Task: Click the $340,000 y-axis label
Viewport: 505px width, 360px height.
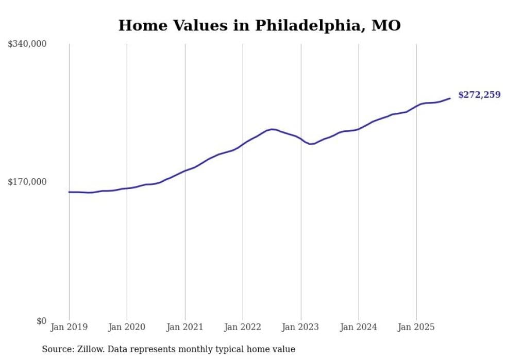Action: (27, 44)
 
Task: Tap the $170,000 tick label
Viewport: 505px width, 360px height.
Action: (27, 182)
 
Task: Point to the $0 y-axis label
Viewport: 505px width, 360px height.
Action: (41, 321)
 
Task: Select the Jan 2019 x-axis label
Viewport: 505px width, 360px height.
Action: (69, 327)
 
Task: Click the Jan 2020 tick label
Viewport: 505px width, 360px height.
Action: (127, 327)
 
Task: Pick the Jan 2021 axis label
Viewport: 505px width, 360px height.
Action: (184, 327)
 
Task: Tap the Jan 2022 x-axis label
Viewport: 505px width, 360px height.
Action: (243, 327)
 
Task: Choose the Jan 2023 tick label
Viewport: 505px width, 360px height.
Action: (301, 327)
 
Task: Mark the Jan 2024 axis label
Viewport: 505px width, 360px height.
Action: (359, 327)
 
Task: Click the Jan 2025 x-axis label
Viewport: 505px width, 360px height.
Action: (416, 327)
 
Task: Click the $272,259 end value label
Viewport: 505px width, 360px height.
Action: (479, 95)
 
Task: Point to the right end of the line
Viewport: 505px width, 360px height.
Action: (450, 98)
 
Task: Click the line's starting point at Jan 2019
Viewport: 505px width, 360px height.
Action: (69, 192)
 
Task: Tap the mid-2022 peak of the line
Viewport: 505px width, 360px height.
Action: (272, 129)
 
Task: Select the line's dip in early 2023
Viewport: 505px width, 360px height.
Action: (310, 144)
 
